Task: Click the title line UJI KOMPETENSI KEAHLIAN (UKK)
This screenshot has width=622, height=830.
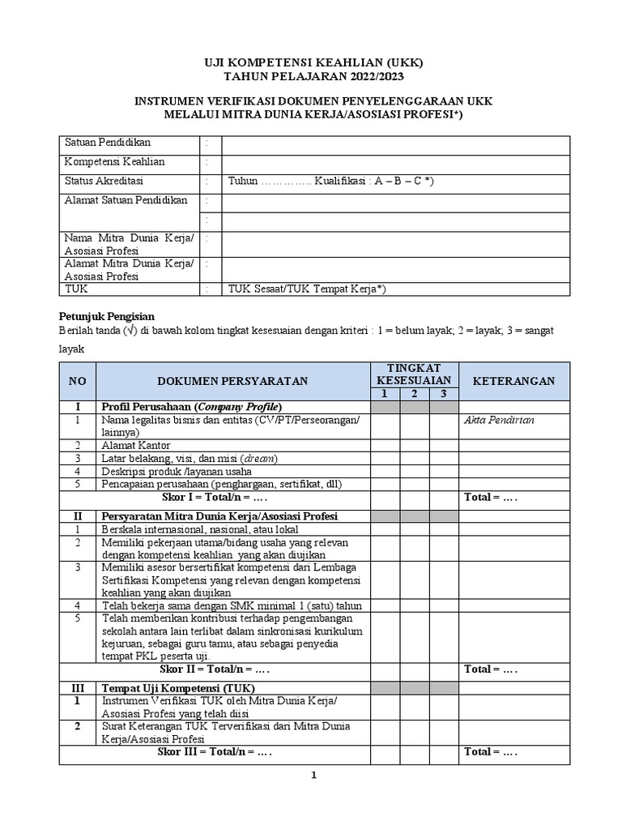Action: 312,62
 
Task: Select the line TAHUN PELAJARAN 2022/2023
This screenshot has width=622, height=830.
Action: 312,77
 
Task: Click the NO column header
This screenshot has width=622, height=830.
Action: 77,381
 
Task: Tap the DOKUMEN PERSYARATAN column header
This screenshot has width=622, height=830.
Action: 232,381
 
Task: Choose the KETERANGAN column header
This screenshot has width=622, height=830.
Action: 513,381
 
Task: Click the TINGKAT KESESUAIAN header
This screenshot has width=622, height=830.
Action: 414,374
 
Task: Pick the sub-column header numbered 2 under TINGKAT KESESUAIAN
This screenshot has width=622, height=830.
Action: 414,394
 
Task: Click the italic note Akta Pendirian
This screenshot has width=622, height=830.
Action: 500,420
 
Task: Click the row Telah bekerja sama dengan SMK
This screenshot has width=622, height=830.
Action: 231,605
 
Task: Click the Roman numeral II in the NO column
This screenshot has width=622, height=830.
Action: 78,516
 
